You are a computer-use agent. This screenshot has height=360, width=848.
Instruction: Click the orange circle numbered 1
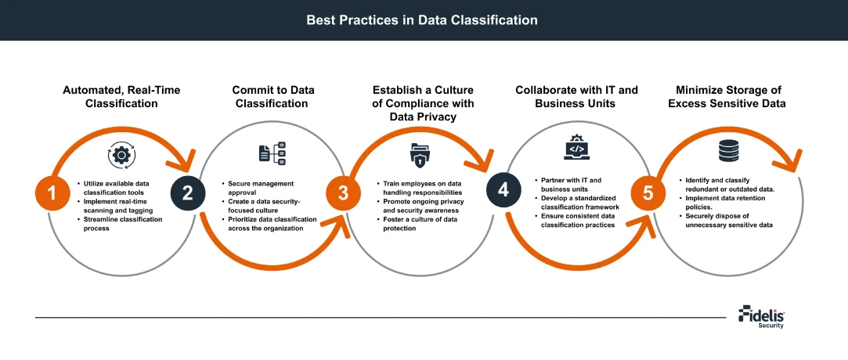click(x=52, y=193)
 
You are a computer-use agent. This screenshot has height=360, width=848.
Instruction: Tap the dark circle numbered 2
click(x=188, y=193)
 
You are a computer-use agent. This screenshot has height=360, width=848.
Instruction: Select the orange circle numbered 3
click(x=342, y=193)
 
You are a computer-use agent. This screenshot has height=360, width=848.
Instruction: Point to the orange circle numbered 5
click(x=648, y=193)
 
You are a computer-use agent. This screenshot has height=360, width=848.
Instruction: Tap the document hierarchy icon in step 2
click(x=272, y=153)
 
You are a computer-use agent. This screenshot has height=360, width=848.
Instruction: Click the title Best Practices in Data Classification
click(x=422, y=20)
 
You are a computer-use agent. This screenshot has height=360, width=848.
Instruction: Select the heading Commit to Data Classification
click(x=270, y=96)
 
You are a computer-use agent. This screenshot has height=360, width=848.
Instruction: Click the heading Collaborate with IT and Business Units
click(x=576, y=96)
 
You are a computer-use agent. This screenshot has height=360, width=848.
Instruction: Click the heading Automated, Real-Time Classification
click(x=121, y=96)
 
